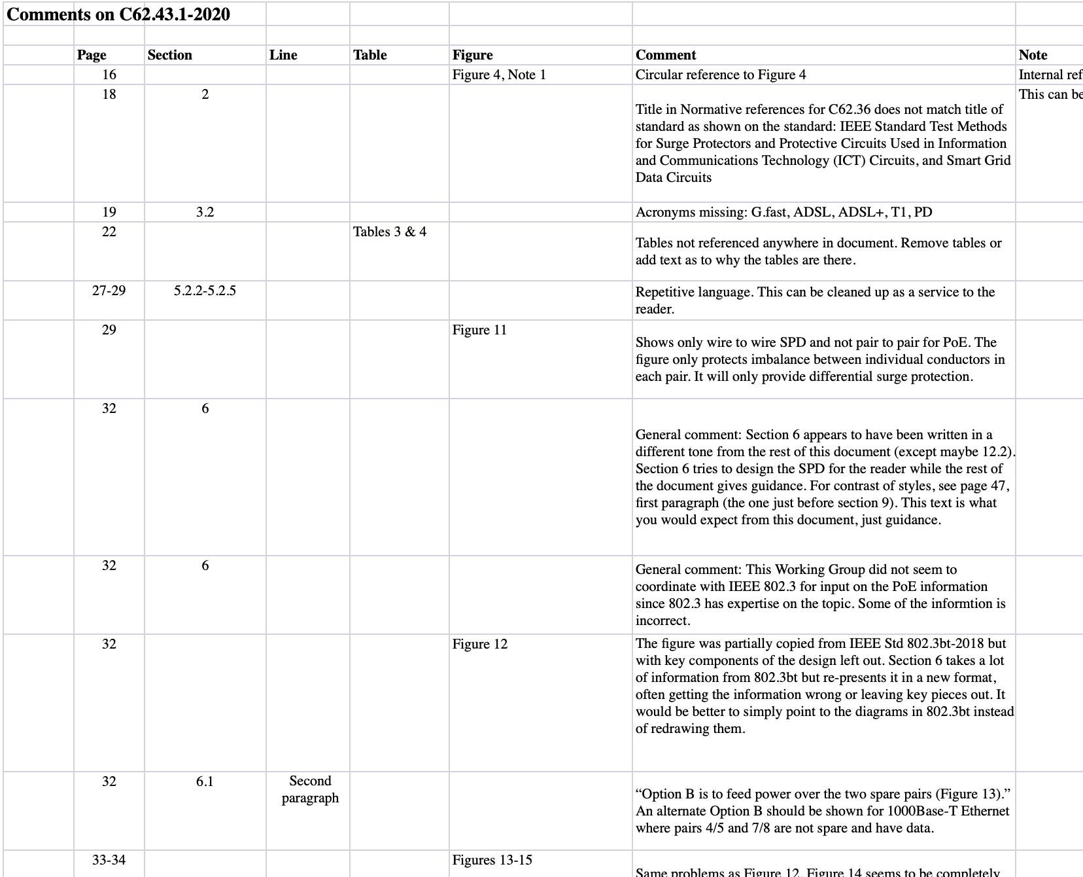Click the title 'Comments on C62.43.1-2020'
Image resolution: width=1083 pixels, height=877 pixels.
coord(118,14)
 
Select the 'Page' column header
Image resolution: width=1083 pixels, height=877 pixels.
coord(92,55)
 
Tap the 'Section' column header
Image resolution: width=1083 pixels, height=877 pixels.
coord(170,55)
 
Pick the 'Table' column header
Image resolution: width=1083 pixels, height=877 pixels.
coord(370,55)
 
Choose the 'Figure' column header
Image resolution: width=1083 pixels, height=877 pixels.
coord(473,55)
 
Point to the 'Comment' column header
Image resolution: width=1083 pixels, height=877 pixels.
coord(666,55)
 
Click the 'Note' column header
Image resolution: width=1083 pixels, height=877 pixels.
coord(1033,55)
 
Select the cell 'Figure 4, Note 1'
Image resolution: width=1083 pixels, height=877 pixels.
coord(499,75)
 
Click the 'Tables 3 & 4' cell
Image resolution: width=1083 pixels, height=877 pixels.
coord(390,232)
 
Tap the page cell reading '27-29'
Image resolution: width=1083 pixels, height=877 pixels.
coord(109,291)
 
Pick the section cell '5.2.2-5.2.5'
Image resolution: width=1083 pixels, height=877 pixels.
coord(205,291)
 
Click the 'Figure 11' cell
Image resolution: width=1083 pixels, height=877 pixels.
coord(479,330)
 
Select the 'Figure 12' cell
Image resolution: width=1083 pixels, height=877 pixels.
coord(480,644)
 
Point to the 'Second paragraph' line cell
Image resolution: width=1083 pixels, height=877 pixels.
coord(310,789)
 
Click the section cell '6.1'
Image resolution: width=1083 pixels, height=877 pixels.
coord(205,781)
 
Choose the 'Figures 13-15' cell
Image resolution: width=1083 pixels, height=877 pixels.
coord(492,860)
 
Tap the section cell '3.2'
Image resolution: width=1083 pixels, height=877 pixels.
coord(205,212)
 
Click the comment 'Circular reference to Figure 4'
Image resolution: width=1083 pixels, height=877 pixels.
coord(721,75)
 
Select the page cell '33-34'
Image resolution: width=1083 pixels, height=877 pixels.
coord(109,860)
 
